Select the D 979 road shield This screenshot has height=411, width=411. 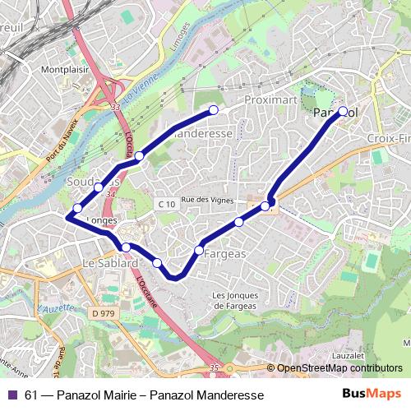(103, 313)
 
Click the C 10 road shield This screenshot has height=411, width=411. (166, 203)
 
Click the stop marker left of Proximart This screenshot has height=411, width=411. (214, 109)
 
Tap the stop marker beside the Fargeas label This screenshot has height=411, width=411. (199, 249)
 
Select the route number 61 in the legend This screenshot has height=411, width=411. (32, 395)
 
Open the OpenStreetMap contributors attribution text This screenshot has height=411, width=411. (339, 368)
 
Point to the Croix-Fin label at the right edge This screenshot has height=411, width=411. (388, 137)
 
